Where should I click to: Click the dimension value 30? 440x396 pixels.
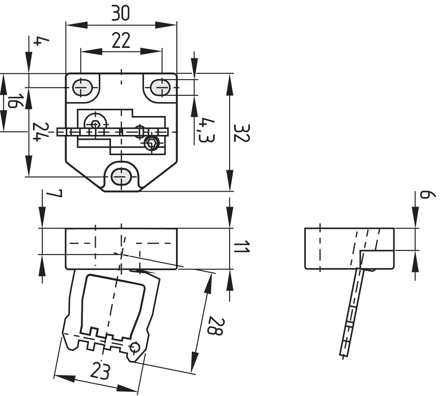pos(120,14)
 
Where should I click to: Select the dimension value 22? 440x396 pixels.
pos(121,41)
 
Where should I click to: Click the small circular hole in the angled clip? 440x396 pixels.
pos(135,347)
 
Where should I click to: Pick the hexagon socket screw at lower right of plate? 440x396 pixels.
pos(151,143)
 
